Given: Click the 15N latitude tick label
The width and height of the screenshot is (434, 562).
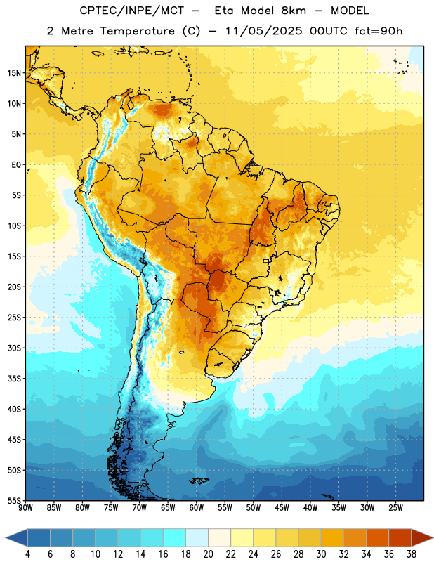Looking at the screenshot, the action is click(x=14, y=73).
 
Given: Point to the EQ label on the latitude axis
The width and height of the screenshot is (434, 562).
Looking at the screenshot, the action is click(x=16, y=165).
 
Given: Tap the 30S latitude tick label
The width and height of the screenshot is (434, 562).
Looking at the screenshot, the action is click(x=14, y=348).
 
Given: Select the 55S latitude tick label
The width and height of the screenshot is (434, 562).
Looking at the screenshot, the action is click(x=14, y=501).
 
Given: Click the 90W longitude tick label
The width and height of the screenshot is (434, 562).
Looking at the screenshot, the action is click(x=25, y=508).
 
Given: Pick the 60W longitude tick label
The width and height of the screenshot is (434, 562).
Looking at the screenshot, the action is click(x=197, y=508).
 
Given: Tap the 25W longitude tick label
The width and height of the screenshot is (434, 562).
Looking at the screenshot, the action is click(x=395, y=508).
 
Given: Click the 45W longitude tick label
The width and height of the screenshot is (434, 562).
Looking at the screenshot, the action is click(x=282, y=508).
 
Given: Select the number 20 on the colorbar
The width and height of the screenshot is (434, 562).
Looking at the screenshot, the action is click(x=208, y=554).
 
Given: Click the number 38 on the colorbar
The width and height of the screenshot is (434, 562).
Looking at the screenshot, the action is click(x=412, y=554).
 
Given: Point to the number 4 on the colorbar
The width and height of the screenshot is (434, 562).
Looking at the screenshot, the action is click(x=27, y=554).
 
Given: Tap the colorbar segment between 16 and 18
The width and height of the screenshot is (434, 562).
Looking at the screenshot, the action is click(x=174, y=537).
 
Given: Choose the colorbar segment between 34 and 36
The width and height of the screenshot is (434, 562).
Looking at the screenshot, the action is click(x=377, y=537).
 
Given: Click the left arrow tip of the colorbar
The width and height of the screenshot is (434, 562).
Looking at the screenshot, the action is click(x=6, y=537).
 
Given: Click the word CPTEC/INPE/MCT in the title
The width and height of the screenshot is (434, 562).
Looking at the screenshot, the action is click(x=132, y=11).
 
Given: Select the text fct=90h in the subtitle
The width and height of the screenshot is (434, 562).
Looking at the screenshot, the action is click(x=379, y=31).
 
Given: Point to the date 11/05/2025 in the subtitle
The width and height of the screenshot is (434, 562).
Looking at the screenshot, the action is click(x=264, y=31).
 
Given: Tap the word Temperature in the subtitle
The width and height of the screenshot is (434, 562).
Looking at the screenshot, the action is click(x=137, y=31).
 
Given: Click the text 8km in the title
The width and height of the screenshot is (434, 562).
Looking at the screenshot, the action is click(x=294, y=11).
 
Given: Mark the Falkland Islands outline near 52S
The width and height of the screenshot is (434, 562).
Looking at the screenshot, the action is click(x=199, y=481).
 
